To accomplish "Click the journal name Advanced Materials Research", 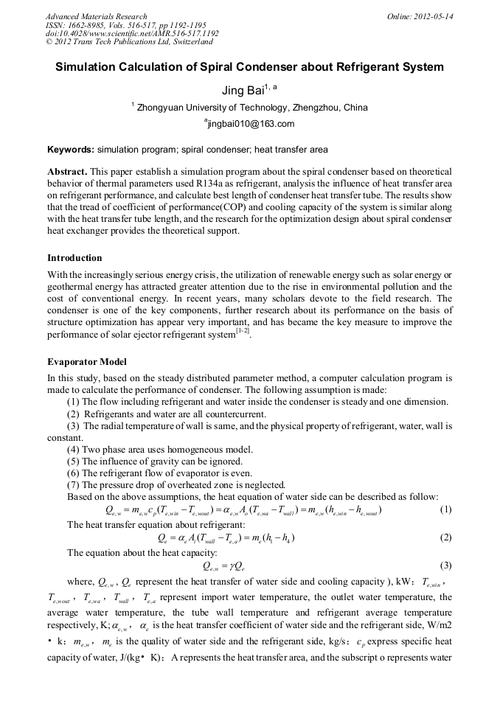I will click(x=96, y=16).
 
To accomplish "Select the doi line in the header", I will click(x=132, y=34).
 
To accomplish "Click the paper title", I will click(x=250, y=67).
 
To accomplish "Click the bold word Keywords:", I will click(x=70, y=149).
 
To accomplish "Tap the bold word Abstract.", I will click(x=67, y=171).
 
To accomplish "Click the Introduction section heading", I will click(x=74, y=258).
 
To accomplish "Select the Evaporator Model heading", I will click(x=86, y=362).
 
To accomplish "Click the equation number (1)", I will click(x=445, y=510).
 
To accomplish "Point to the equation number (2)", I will click(x=445, y=537).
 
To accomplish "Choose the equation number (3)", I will click(x=445, y=565).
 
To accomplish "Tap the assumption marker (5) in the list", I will click(x=73, y=462).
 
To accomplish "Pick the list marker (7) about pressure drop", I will click(x=73, y=484).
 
